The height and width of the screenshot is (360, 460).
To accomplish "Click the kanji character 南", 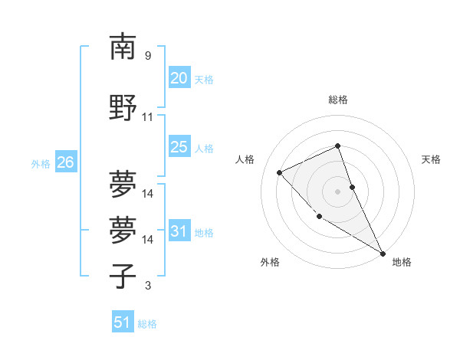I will (x=123, y=47).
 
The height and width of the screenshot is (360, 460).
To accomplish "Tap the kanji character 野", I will (x=123, y=107).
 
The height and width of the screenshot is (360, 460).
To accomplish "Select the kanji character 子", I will (x=123, y=276).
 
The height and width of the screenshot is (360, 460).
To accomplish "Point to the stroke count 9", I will (x=147, y=56).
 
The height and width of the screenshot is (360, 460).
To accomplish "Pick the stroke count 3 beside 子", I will (x=147, y=286).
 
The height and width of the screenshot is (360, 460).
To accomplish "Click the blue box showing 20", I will (x=179, y=77).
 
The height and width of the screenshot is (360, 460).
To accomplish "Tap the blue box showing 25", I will (x=179, y=147).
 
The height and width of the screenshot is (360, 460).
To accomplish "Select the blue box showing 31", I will (x=179, y=231).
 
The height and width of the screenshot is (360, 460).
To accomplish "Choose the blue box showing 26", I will (x=65, y=162).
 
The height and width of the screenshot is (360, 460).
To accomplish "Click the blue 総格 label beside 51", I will (x=147, y=324).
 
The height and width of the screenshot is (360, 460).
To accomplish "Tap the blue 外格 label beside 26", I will (x=41, y=163).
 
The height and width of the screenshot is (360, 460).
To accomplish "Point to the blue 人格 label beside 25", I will (x=204, y=149).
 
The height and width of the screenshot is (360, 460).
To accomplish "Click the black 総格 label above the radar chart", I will (x=338, y=100).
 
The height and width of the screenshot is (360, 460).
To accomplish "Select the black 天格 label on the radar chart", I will (x=431, y=159).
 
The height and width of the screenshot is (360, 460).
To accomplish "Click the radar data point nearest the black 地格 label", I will (x=383, y=254).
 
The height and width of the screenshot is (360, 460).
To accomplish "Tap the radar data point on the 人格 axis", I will (x=280, y=172).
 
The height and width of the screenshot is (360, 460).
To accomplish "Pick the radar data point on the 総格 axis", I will (x=338, y=146).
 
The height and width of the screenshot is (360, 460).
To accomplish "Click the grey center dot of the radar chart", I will (x=338, y=191).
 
